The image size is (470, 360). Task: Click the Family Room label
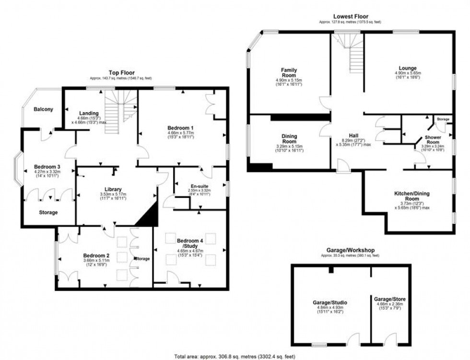point(289,73)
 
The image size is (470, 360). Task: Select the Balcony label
point(44,109)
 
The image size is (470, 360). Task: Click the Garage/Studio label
point(329,302)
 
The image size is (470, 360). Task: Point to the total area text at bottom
point(235,356)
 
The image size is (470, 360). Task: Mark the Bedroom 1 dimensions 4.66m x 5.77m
point(180,134)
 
